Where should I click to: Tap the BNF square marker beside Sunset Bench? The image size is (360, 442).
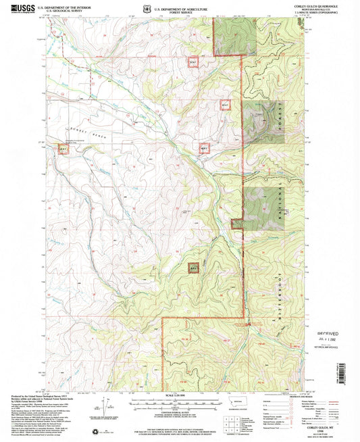pos(63,147)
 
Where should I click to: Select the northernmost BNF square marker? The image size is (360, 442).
pos(194,62)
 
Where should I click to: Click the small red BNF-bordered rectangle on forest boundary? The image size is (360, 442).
pos(237,224)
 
